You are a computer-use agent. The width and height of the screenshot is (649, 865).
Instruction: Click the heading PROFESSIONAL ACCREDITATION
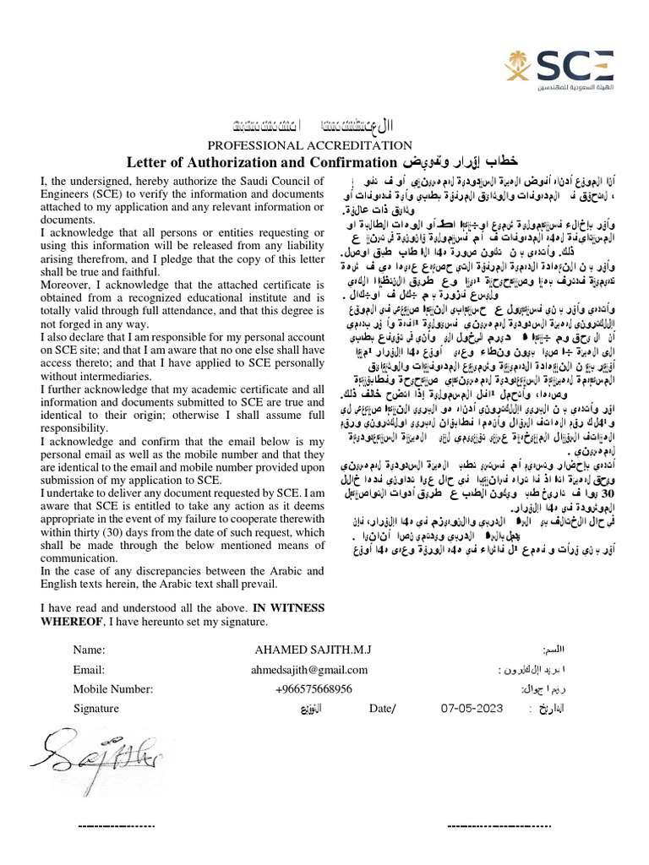pyautogui.click(x=310, y=145)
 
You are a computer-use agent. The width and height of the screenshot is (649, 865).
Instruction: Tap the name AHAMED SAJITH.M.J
pyautogui.click(x=319, y=650)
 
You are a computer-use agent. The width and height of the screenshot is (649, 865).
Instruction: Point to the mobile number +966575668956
pyautogui.click(x=314, y=688)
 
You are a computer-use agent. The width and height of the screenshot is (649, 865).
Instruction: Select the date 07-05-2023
pyautogui.click(x=477, y=708)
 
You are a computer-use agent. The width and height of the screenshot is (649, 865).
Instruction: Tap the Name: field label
pyautogui.click(x=89, y=650)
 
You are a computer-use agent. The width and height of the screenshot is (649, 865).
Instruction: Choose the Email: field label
pyautogui.click(x=89, y=670)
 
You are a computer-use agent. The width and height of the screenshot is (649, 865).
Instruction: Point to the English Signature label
pyautogui.click(x=96, y=708)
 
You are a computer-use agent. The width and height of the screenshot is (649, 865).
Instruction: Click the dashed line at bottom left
pyautogui.click(x=117, y=824)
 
